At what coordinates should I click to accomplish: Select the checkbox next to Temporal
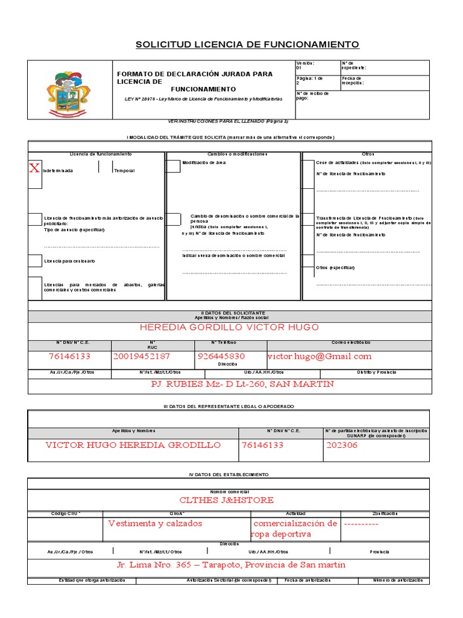tap(106, 167)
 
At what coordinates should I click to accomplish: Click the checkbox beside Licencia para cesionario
tap(36, 261)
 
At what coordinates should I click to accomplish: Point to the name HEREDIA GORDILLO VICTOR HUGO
tap(229, 328)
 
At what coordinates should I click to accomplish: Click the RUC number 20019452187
tap(141, 357)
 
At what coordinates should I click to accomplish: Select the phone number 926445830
tap(221, 357)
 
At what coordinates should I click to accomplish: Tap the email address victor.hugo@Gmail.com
tap(319, 357)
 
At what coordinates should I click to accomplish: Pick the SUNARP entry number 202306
tap(341, 445)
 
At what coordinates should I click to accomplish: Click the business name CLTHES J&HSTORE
tap(227, 500)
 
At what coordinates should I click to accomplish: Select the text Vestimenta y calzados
tap(155, 524)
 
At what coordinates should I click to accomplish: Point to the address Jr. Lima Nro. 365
tap(231, 565)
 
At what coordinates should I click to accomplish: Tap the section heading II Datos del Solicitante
tap(229, 313)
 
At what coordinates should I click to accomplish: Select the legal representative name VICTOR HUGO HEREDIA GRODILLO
tap(133, 445)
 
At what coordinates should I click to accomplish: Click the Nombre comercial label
tap(228, 492)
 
